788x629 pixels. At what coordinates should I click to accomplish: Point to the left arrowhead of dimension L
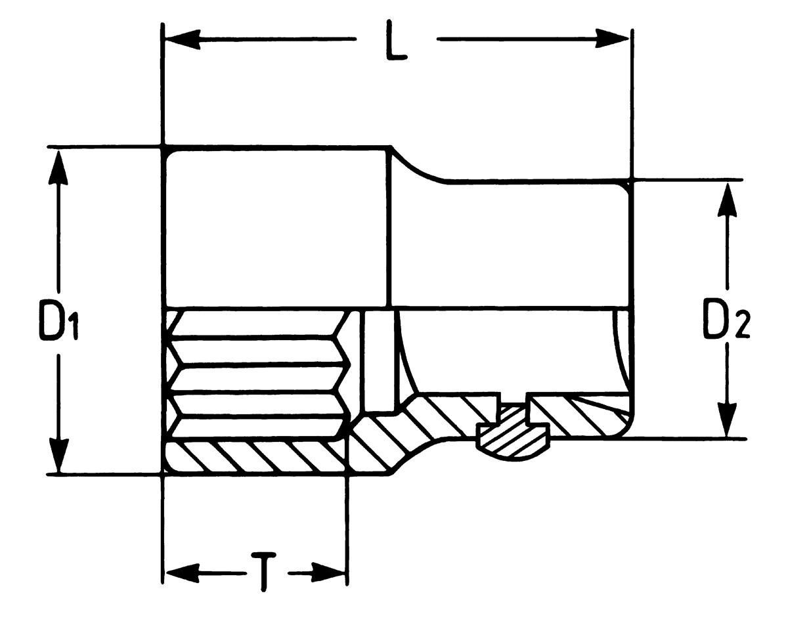pyautogui.click(x=183, y=39)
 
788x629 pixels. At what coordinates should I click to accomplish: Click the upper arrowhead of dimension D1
pyautogui.click(x=58, y=171)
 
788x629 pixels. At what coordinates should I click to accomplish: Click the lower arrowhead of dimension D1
pyautogui.click(x=58, y=456)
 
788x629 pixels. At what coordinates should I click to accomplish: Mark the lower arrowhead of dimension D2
pyautogui.click(x=727, y=419)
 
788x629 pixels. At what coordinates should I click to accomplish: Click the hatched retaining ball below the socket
pyautogui.click(x=513, y=437)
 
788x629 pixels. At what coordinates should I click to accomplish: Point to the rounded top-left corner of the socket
pyautogui.click(x=167, y=154)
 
